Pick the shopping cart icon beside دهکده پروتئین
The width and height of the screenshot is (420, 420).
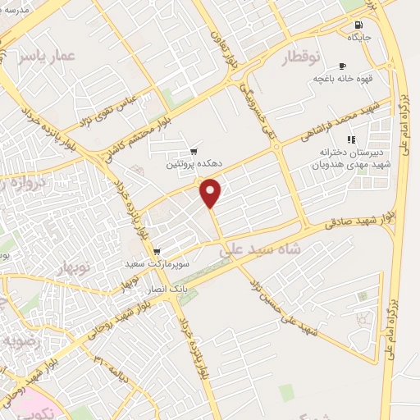(194, 151)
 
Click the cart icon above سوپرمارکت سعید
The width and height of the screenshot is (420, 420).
(156, 251)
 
